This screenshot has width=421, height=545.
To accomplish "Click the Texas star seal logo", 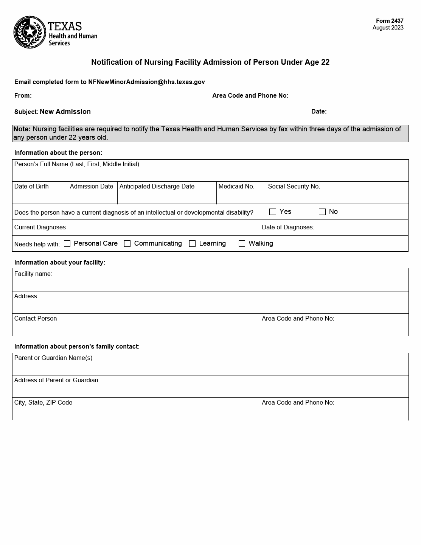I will pyautogui.click(x=30, y=32).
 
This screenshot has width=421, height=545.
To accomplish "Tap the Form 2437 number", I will pyautogui.click(x=389, y=21).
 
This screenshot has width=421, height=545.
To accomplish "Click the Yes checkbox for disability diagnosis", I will pyautogui.click(x=273, y=212).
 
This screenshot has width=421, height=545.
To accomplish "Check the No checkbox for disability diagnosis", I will pyautogui.click(x=322, y=212).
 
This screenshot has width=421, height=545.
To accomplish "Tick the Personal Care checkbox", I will pyautogui.click(x=67, y=244).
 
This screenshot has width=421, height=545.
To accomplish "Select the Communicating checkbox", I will pyautogui.click(x=127, y=244).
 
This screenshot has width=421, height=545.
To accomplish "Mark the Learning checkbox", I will pyautogui.click(x=193, y=244).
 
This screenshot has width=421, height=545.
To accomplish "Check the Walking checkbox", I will pyautogui.click(x=242, y=244).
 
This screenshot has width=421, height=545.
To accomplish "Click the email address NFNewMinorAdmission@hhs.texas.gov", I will pyautogui.click(x=146, y=82).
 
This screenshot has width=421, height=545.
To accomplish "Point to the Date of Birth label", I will pyautogui.click(x=31, y=187).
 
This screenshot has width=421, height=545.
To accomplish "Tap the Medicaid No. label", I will pyautogui.click(x=236, y=187).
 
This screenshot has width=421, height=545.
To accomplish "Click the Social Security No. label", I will pyautogui.click(x=294, y=187).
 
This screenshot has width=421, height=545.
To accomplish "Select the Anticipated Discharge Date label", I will pyautogui.click(x=157, y=187).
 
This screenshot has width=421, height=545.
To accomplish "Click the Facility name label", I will pyautogui.click(x=33, y=274).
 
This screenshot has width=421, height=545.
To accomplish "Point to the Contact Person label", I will pyautogui.click(x=36, y=319).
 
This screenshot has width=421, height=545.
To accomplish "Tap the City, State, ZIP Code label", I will pyautogui.click(x=43, y=403).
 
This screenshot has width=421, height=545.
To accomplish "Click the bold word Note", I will pyautogui.click(x=22, y=129).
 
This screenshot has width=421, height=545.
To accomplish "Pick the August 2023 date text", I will pyautogui.click(x=388, y=28).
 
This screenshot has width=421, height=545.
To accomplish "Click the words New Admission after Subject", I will pyautogui.click(x=65, y=112).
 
